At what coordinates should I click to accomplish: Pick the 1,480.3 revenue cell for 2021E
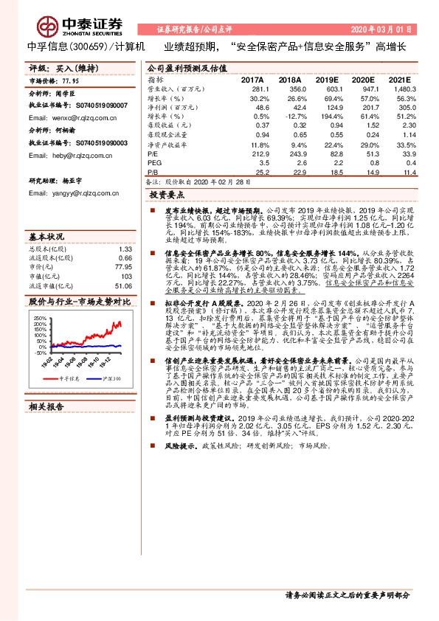[x=396, y=89]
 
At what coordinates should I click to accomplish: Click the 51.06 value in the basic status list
[x=122, y=285]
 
